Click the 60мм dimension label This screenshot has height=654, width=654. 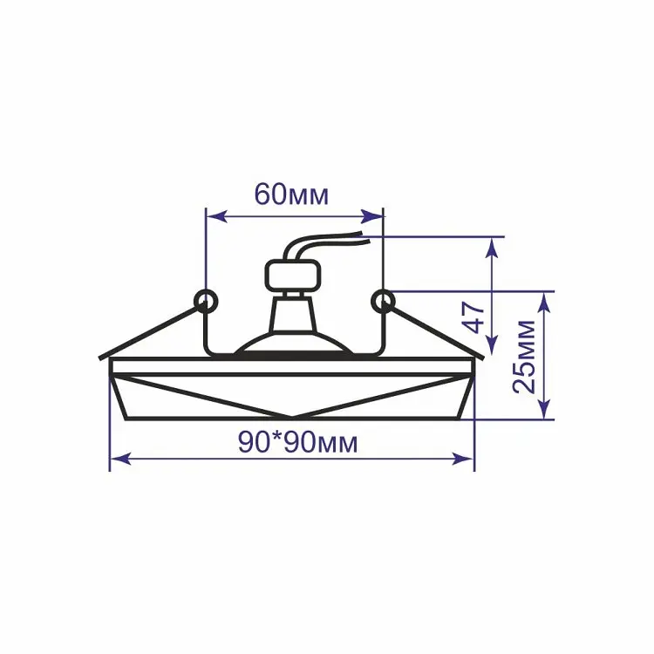291,194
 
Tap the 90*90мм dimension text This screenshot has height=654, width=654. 298,442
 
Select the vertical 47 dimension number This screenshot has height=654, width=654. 475,317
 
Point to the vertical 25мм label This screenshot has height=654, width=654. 524,357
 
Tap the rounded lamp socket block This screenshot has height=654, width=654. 293,275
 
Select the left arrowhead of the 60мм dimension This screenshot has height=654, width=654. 217,216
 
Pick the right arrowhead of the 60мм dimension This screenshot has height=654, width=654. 372,216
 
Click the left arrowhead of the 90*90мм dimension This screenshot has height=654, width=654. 120,460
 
